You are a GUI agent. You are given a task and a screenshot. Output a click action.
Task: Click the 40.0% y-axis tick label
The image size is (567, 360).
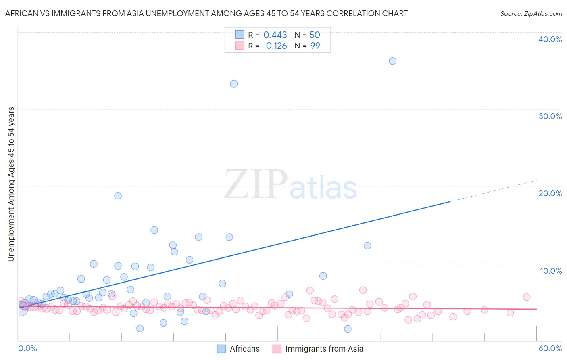click(550, 39)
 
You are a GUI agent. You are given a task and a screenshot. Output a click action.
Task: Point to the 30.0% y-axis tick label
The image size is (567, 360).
click(550, 116)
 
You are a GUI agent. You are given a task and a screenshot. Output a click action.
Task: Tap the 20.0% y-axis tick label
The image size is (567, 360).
click(550, 193)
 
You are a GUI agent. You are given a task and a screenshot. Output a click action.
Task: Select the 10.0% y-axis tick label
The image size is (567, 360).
click(551, 271)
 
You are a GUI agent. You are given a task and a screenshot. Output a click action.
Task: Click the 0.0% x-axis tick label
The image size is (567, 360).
click(27, 348)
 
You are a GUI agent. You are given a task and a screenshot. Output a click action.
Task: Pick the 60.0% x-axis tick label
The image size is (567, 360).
click(550, 348)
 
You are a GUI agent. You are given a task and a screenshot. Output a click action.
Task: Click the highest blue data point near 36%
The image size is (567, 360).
click(392, 61)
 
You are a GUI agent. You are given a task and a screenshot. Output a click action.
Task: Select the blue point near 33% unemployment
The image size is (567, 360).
click(234, 84)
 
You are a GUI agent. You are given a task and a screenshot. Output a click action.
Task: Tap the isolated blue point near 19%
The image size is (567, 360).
click(118, 196)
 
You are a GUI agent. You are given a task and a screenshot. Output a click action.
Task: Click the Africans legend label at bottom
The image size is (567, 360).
click(244, 349)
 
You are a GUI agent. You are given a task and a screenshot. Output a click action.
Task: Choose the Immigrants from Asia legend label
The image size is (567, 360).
click(324, 349)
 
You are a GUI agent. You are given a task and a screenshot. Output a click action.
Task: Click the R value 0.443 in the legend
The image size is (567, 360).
click(275, 35)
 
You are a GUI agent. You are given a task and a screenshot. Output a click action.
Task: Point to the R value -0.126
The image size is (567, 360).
click(274, 46)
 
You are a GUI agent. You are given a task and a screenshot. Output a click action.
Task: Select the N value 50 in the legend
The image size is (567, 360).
click(315, 35)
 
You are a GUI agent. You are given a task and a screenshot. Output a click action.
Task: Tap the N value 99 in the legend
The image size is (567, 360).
click(315, 46)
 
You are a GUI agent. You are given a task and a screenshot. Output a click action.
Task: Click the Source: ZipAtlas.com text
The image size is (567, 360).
click(531, 14)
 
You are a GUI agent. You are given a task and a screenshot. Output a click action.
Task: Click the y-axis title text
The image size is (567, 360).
click(11, 184)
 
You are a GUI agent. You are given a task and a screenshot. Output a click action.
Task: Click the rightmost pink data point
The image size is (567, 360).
click(527, 297)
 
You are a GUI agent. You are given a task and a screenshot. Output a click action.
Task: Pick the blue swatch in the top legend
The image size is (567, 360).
click(240, 35)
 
